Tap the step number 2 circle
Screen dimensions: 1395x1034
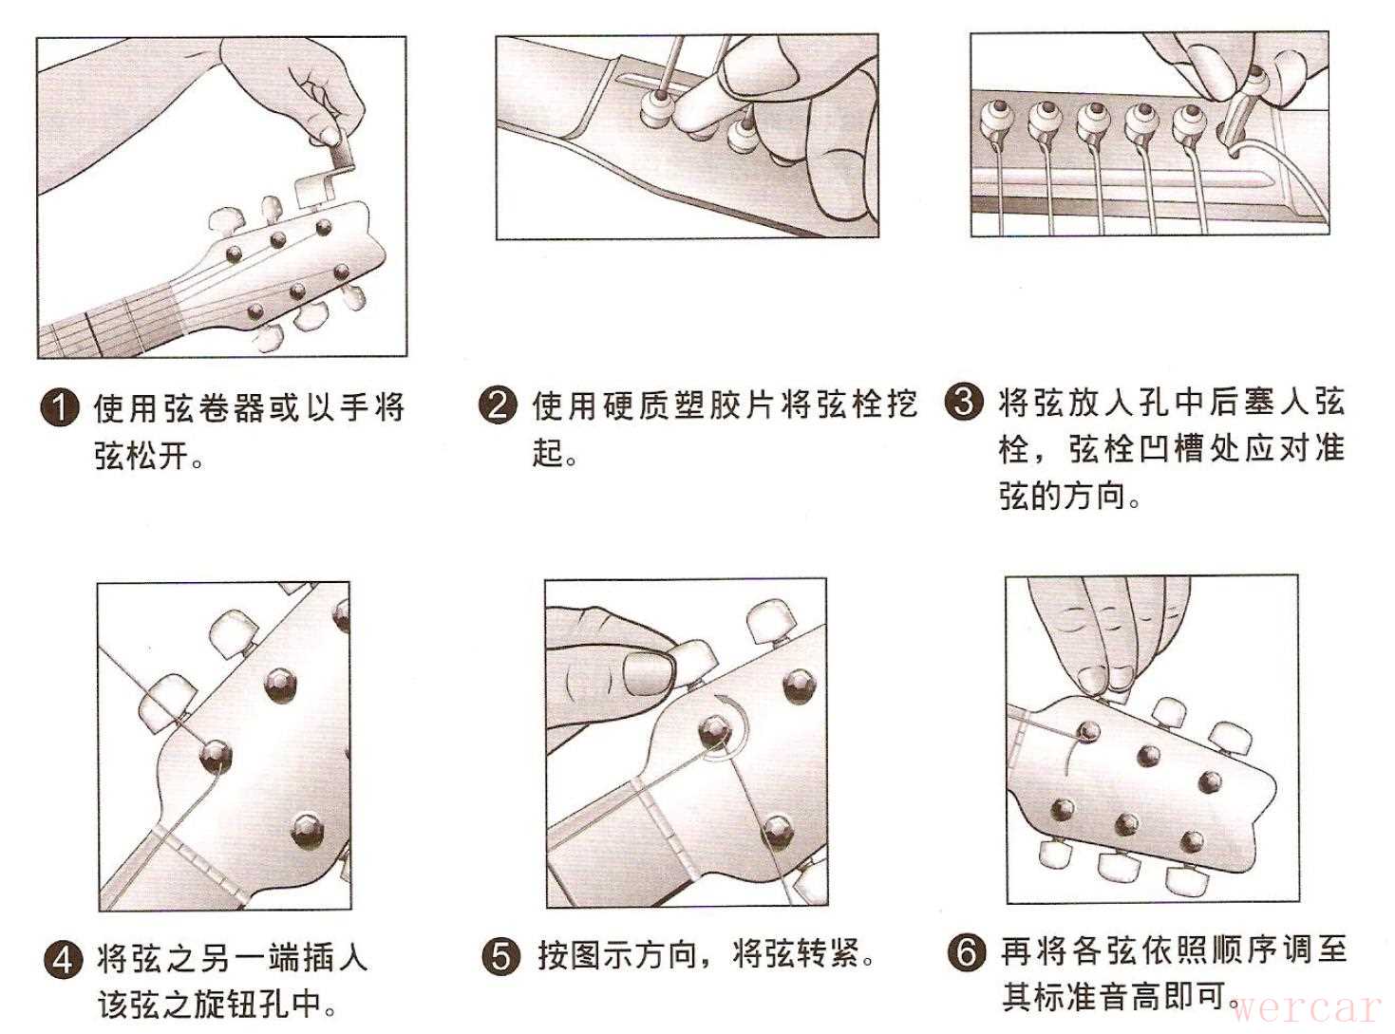[497, 405]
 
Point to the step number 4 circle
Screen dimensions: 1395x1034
[64, 960]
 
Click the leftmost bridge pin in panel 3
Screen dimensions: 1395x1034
[995, 122]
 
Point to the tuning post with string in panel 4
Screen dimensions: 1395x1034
[216, 757]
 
